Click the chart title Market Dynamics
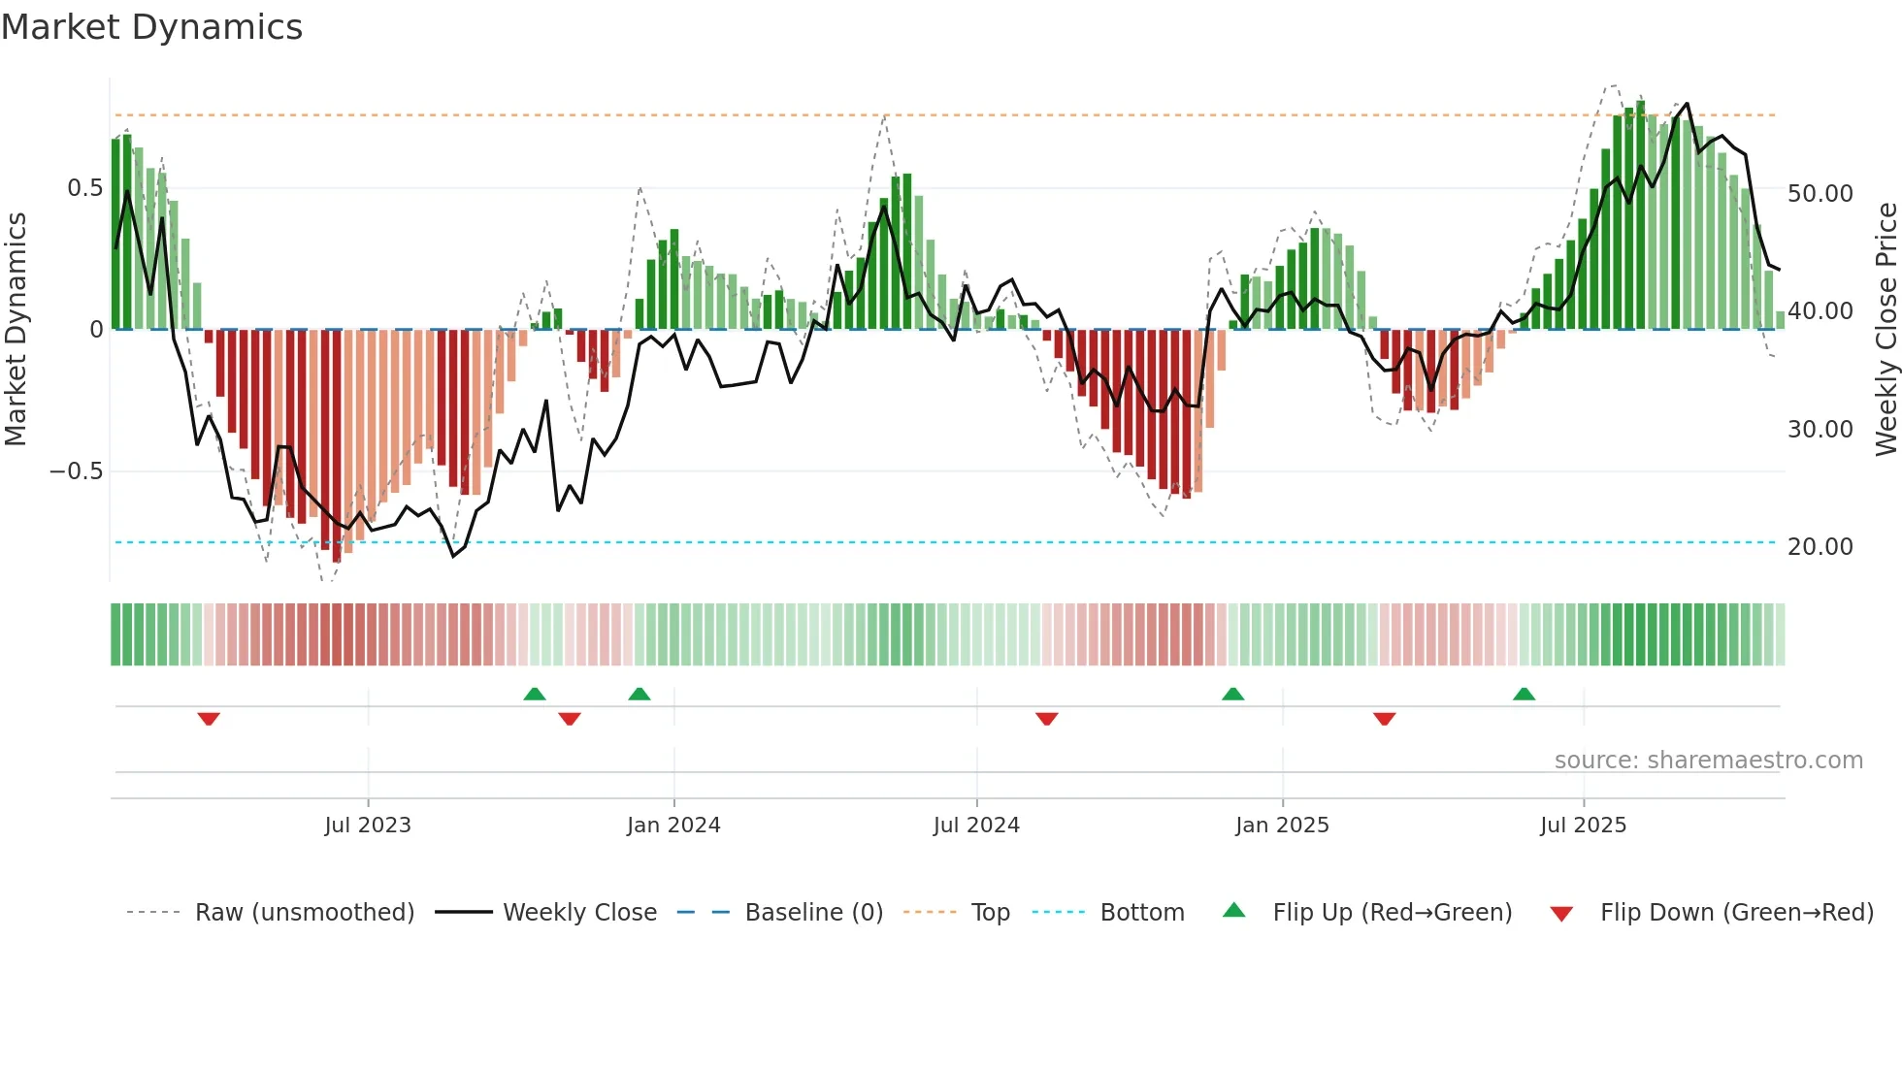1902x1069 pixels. click(152, 27)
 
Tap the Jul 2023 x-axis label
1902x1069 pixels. click(368, 826)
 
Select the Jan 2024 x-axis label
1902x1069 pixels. click(673, 826)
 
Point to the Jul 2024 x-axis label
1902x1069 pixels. click(976, 826)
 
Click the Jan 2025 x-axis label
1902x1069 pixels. click(1282, 826)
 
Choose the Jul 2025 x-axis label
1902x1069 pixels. click(1583, 826)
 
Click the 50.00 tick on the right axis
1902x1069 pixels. click(1820, 194)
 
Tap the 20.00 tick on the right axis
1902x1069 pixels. click(1820, 547)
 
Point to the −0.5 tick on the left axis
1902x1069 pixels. click(77, 471)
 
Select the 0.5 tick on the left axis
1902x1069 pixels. click(84, 188)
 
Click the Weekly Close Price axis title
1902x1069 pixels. click(1886, 329)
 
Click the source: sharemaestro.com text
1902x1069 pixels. click(1708, 761)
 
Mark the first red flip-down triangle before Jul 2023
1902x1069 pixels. click(209, 719)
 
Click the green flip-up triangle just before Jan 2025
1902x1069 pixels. click(1232, 694)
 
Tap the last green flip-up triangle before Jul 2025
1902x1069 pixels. click(1524, 694)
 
